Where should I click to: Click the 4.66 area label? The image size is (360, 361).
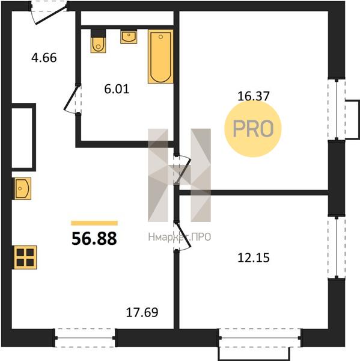[44, 58]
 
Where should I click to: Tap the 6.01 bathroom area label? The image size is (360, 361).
[117, 89]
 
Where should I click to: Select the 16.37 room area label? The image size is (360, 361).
[253, 96]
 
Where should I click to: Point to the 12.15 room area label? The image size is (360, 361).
[253, 258]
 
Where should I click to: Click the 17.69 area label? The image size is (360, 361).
[142, 312]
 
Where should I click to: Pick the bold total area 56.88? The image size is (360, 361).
[94, 238]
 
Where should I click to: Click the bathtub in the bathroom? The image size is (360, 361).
[160, 57]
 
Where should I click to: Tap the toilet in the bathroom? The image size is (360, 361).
[98, 41]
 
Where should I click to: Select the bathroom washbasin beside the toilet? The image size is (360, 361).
[129, 36]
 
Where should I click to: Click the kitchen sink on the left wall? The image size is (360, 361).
[22, 188]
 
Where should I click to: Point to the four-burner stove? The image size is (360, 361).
[25, 258]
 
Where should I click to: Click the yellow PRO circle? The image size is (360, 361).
[253, 129]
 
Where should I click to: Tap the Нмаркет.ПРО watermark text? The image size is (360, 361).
[180, 237]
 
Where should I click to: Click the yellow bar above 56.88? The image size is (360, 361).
[94, 223]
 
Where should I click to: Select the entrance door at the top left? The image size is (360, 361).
[51, 15]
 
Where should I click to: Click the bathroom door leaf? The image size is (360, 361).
[71, 97]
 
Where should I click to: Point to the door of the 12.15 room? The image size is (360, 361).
[183, 235]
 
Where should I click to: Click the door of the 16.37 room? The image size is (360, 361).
[183, 170]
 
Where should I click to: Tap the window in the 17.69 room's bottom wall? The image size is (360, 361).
[85, 338]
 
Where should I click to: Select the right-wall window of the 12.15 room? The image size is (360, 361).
[337, 247]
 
